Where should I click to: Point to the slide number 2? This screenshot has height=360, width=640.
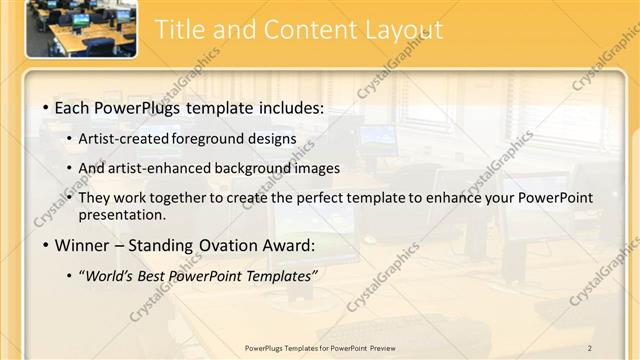(590, 347)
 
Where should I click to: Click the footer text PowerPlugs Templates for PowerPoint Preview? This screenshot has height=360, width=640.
(320, 347)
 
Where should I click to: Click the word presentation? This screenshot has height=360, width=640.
(121, 214)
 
